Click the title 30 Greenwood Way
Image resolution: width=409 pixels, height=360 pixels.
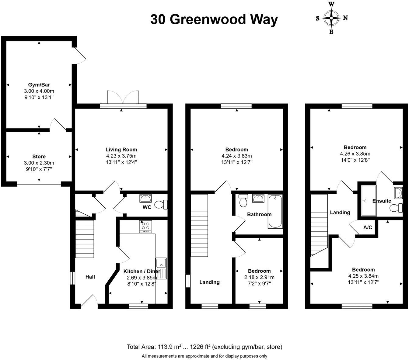(214, 20)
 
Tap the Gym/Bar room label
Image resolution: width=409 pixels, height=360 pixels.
(39, 85)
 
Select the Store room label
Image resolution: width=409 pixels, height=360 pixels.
(39, 157)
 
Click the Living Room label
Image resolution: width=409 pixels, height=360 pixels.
(121, 150)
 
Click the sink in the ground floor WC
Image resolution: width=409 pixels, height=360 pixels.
(145, 199)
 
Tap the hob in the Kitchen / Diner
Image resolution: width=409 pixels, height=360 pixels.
(145, 227)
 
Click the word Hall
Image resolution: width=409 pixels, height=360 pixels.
(90, 277)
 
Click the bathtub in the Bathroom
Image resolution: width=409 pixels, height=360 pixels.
(275, 212)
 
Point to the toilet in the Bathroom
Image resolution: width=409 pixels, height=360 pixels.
(243, 201)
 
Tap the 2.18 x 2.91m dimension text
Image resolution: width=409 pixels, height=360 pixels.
(259, 277)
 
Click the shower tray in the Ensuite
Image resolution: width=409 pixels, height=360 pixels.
(369, 201)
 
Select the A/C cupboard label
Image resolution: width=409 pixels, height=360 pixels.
(368, 227)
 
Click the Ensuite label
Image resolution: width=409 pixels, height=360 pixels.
(382, 201)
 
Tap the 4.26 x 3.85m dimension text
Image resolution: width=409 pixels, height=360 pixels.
(355, 154)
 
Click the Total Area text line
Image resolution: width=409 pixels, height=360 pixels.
(204, 347)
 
